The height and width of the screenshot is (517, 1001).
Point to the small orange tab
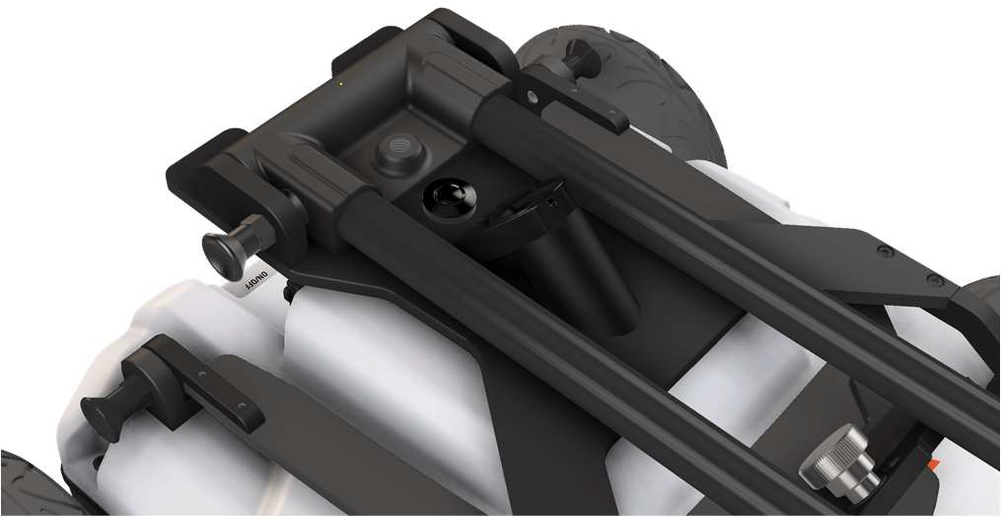point(933,465)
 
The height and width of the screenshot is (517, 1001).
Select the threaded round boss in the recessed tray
point(400,152)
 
